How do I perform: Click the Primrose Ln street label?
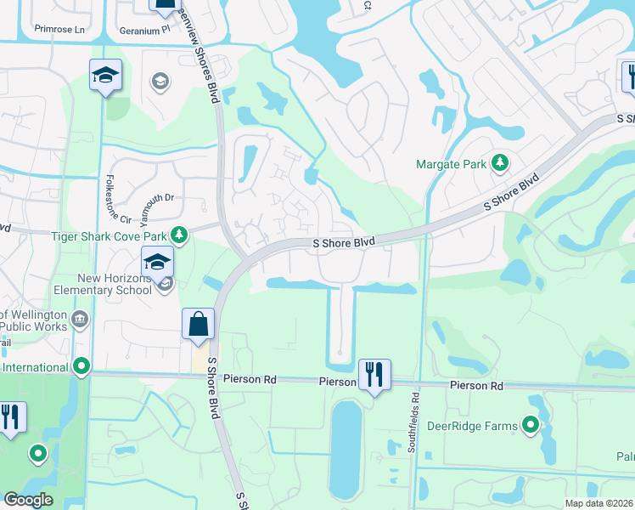[60, 29]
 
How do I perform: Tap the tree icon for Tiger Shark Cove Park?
[178, 234]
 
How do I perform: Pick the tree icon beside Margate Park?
[501, 161]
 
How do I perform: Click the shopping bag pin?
[198, 325]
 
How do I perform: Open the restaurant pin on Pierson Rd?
[374, 373]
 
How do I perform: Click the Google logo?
[28, 500]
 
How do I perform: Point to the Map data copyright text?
[598, 503]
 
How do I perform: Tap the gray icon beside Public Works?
[79, 320]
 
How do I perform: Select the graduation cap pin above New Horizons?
[157, 263]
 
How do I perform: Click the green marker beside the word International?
[81, 367]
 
